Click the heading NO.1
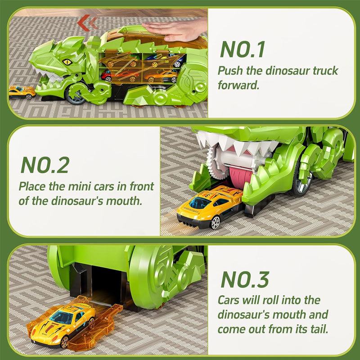pyautogui.click(x=243, y=49)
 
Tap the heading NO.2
pyautogui.click(x=45, y=165)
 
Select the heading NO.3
pyautogui.click(x=245, y=279)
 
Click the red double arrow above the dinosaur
pyautogui.click(x=87, y=23)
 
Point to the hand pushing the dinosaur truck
pyautogui.click(x=175, y=30)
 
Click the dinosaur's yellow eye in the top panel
pyautogui.click(x=67, y=62)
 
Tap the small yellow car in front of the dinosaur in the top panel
pyautogui.click(x=22, y=92)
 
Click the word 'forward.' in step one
pyautogui.click(x=238, y=85)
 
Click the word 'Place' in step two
pyautogui.click(x=31, y=186)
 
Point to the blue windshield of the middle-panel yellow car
pyautogui.click(x=200, y=203)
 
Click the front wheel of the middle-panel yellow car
pyautogui.click(x=215, y=222)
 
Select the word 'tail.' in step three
pyautogui.click(x=319, y=329)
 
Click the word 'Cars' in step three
pyautogui.click(x=228, y=300)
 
